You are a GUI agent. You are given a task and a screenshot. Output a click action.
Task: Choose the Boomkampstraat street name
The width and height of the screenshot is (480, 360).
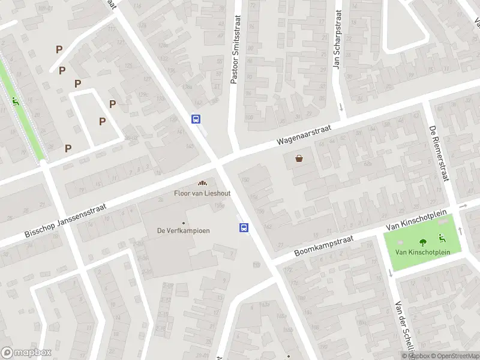[x=325, y=245]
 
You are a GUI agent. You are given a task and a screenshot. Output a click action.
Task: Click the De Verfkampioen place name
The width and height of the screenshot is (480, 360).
[x=183, y=230]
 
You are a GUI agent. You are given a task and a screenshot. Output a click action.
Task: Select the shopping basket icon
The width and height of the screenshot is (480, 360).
[x=299, y=159]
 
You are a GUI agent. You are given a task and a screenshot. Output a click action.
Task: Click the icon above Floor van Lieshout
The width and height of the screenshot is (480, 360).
[x=202, y=183]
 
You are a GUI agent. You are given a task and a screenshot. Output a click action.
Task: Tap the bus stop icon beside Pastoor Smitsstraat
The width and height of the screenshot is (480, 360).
[x=196, y=119]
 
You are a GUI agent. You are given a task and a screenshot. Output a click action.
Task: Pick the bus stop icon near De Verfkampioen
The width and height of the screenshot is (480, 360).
[x=244, y=227]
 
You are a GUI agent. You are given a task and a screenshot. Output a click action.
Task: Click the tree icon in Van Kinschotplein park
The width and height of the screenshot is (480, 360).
[x=423, y=242]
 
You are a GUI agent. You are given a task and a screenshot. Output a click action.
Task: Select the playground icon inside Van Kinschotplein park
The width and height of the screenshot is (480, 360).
[x=442, y=238]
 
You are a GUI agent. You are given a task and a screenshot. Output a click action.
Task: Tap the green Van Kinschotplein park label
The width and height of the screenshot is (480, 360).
[x=422, y=252]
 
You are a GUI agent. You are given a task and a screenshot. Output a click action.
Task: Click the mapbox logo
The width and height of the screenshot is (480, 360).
[x=26, y=353]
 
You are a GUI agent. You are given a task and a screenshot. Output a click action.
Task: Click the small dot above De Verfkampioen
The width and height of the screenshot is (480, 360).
[x=184, y=223]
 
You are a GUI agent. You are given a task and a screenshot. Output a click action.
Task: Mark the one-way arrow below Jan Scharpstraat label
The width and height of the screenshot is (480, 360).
[x=341, y=108]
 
